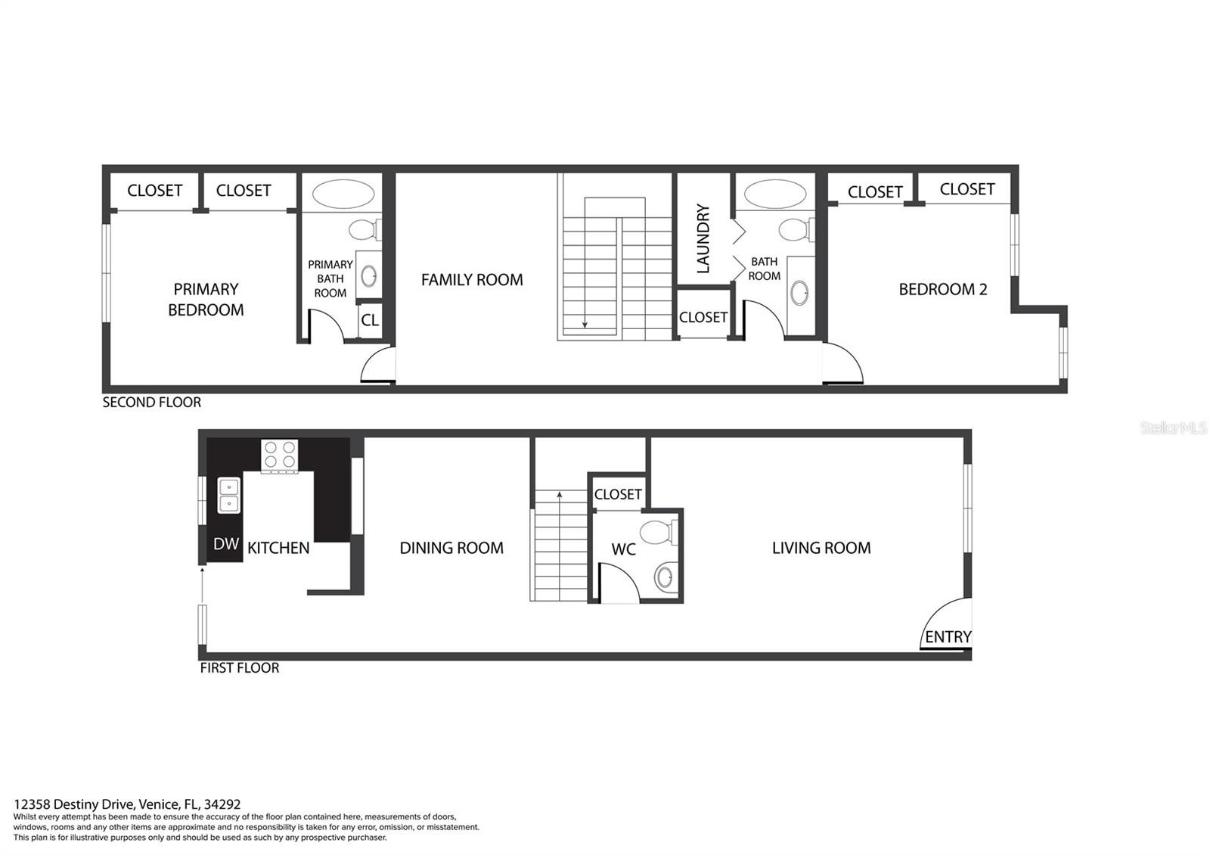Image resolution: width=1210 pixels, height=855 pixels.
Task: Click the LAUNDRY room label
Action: (703, 238)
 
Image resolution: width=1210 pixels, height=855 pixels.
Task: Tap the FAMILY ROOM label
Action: (472, 280)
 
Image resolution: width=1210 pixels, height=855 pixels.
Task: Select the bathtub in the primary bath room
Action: (343, 194)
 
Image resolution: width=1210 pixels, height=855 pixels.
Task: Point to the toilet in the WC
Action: (659, 533)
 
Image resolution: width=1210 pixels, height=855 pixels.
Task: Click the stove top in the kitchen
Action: (279, 455)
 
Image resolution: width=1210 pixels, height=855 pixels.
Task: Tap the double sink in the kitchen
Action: (229, 495)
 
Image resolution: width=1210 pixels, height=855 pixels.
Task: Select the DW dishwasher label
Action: (226, 544)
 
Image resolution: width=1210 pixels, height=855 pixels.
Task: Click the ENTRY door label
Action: (948, 637)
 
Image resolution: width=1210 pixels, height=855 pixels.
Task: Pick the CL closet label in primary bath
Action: (370, 321)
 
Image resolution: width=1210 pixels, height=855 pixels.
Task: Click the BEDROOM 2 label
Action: (943, 290)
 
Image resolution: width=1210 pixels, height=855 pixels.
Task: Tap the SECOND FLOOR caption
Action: (152, 402)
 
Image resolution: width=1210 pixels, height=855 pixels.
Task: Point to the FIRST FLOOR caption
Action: (240, 668)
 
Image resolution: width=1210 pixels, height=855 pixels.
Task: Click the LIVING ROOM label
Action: (821, 548)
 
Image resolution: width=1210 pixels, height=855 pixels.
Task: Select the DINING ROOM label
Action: (451, 548)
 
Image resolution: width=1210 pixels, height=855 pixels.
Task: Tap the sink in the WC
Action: (665, 577)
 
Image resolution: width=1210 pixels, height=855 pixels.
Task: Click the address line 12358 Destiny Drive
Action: (127, 805)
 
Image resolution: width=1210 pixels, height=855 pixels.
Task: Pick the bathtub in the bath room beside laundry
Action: (775, 194)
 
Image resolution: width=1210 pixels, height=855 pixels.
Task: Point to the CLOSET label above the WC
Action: (618, 495)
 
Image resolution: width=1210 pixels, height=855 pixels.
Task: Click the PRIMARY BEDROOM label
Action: (206, 300)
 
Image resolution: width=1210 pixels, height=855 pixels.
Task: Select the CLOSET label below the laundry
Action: (703, 317)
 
